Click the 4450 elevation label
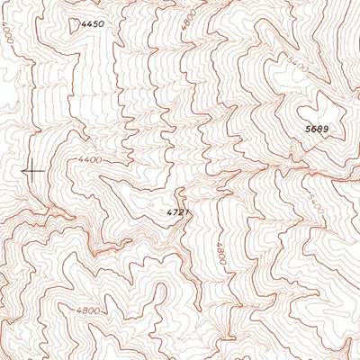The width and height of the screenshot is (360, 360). [x=93, y=23]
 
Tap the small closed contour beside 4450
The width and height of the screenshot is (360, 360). [x=74, y=25]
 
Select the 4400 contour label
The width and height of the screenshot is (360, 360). [x=90, y=160]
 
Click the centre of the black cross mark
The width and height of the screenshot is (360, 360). [x=32, y=170]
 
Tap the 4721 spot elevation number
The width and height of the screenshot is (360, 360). [x=178, y=212]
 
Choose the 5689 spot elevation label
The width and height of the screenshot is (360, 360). [x=316, y=130]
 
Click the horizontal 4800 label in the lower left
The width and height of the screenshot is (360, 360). [x=88, y=310]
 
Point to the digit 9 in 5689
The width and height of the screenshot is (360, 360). [x=325, y=130]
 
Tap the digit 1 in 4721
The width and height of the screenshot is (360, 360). [x=186, y=212]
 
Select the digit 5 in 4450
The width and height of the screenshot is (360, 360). [x=96, y=23]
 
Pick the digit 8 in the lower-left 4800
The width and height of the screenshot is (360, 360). [x=85, y=310]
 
